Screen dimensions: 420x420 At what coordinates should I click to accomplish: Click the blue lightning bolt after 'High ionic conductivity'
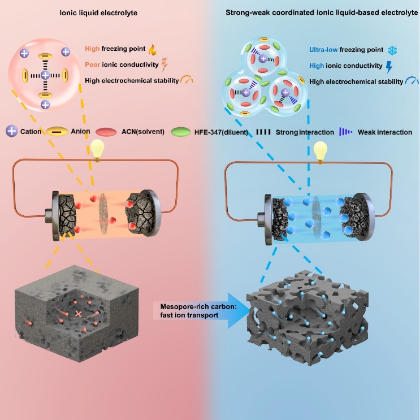(388, 66)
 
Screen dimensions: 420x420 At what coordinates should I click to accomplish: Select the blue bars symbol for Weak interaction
(345, 132)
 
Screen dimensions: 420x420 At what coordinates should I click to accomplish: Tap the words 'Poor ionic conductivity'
(116, 64)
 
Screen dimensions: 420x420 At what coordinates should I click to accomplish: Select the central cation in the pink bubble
(45, 75)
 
